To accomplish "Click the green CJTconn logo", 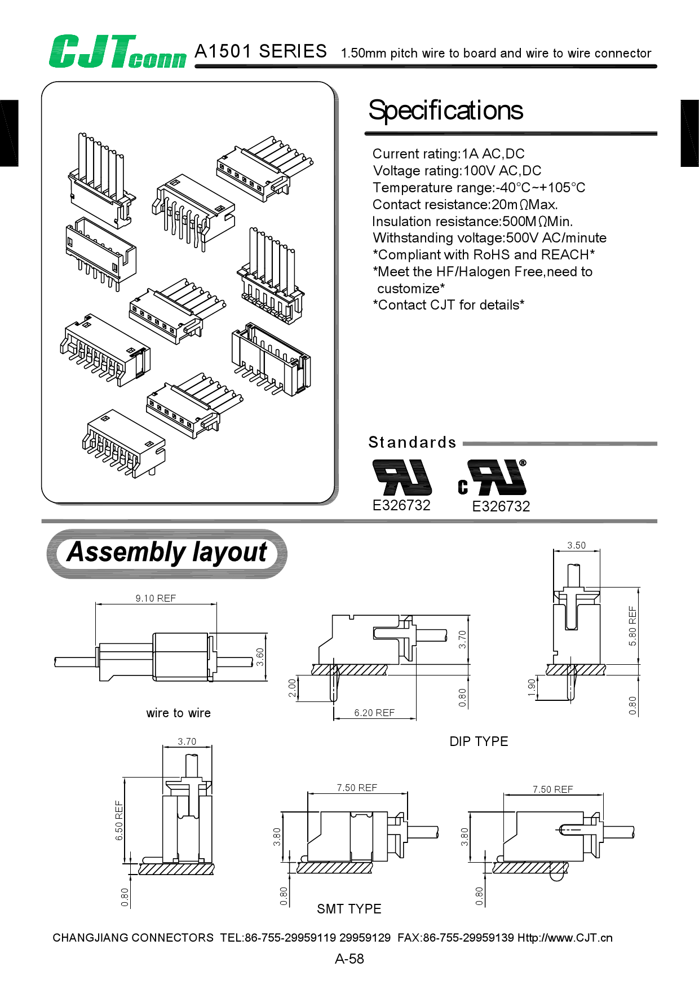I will coord(117,52).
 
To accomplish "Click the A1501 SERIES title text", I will coord(260,51).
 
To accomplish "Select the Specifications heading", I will coord(445,111).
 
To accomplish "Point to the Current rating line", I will coord(448,154).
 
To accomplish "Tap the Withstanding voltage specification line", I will coord(489,238).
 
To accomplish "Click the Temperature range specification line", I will coord(479,188).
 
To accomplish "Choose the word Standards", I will coord(412,442).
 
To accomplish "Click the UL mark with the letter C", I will coord(492,478).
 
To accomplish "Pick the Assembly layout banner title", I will coord(167,553).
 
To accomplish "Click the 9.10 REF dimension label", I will coord(156,598).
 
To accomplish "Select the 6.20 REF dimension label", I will coord(374,713).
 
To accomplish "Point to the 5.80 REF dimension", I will coord(632,626).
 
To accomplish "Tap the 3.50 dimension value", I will coord(576,545).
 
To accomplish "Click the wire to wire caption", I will coord(178,713).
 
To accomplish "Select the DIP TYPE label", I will coord(479,741).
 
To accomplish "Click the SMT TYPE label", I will coord(349,909).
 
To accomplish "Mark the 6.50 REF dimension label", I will coord(119,820).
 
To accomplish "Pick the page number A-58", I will coord(349,959).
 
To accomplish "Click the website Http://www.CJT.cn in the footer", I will coord(565,938).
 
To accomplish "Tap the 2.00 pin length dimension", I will coord(292,688).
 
